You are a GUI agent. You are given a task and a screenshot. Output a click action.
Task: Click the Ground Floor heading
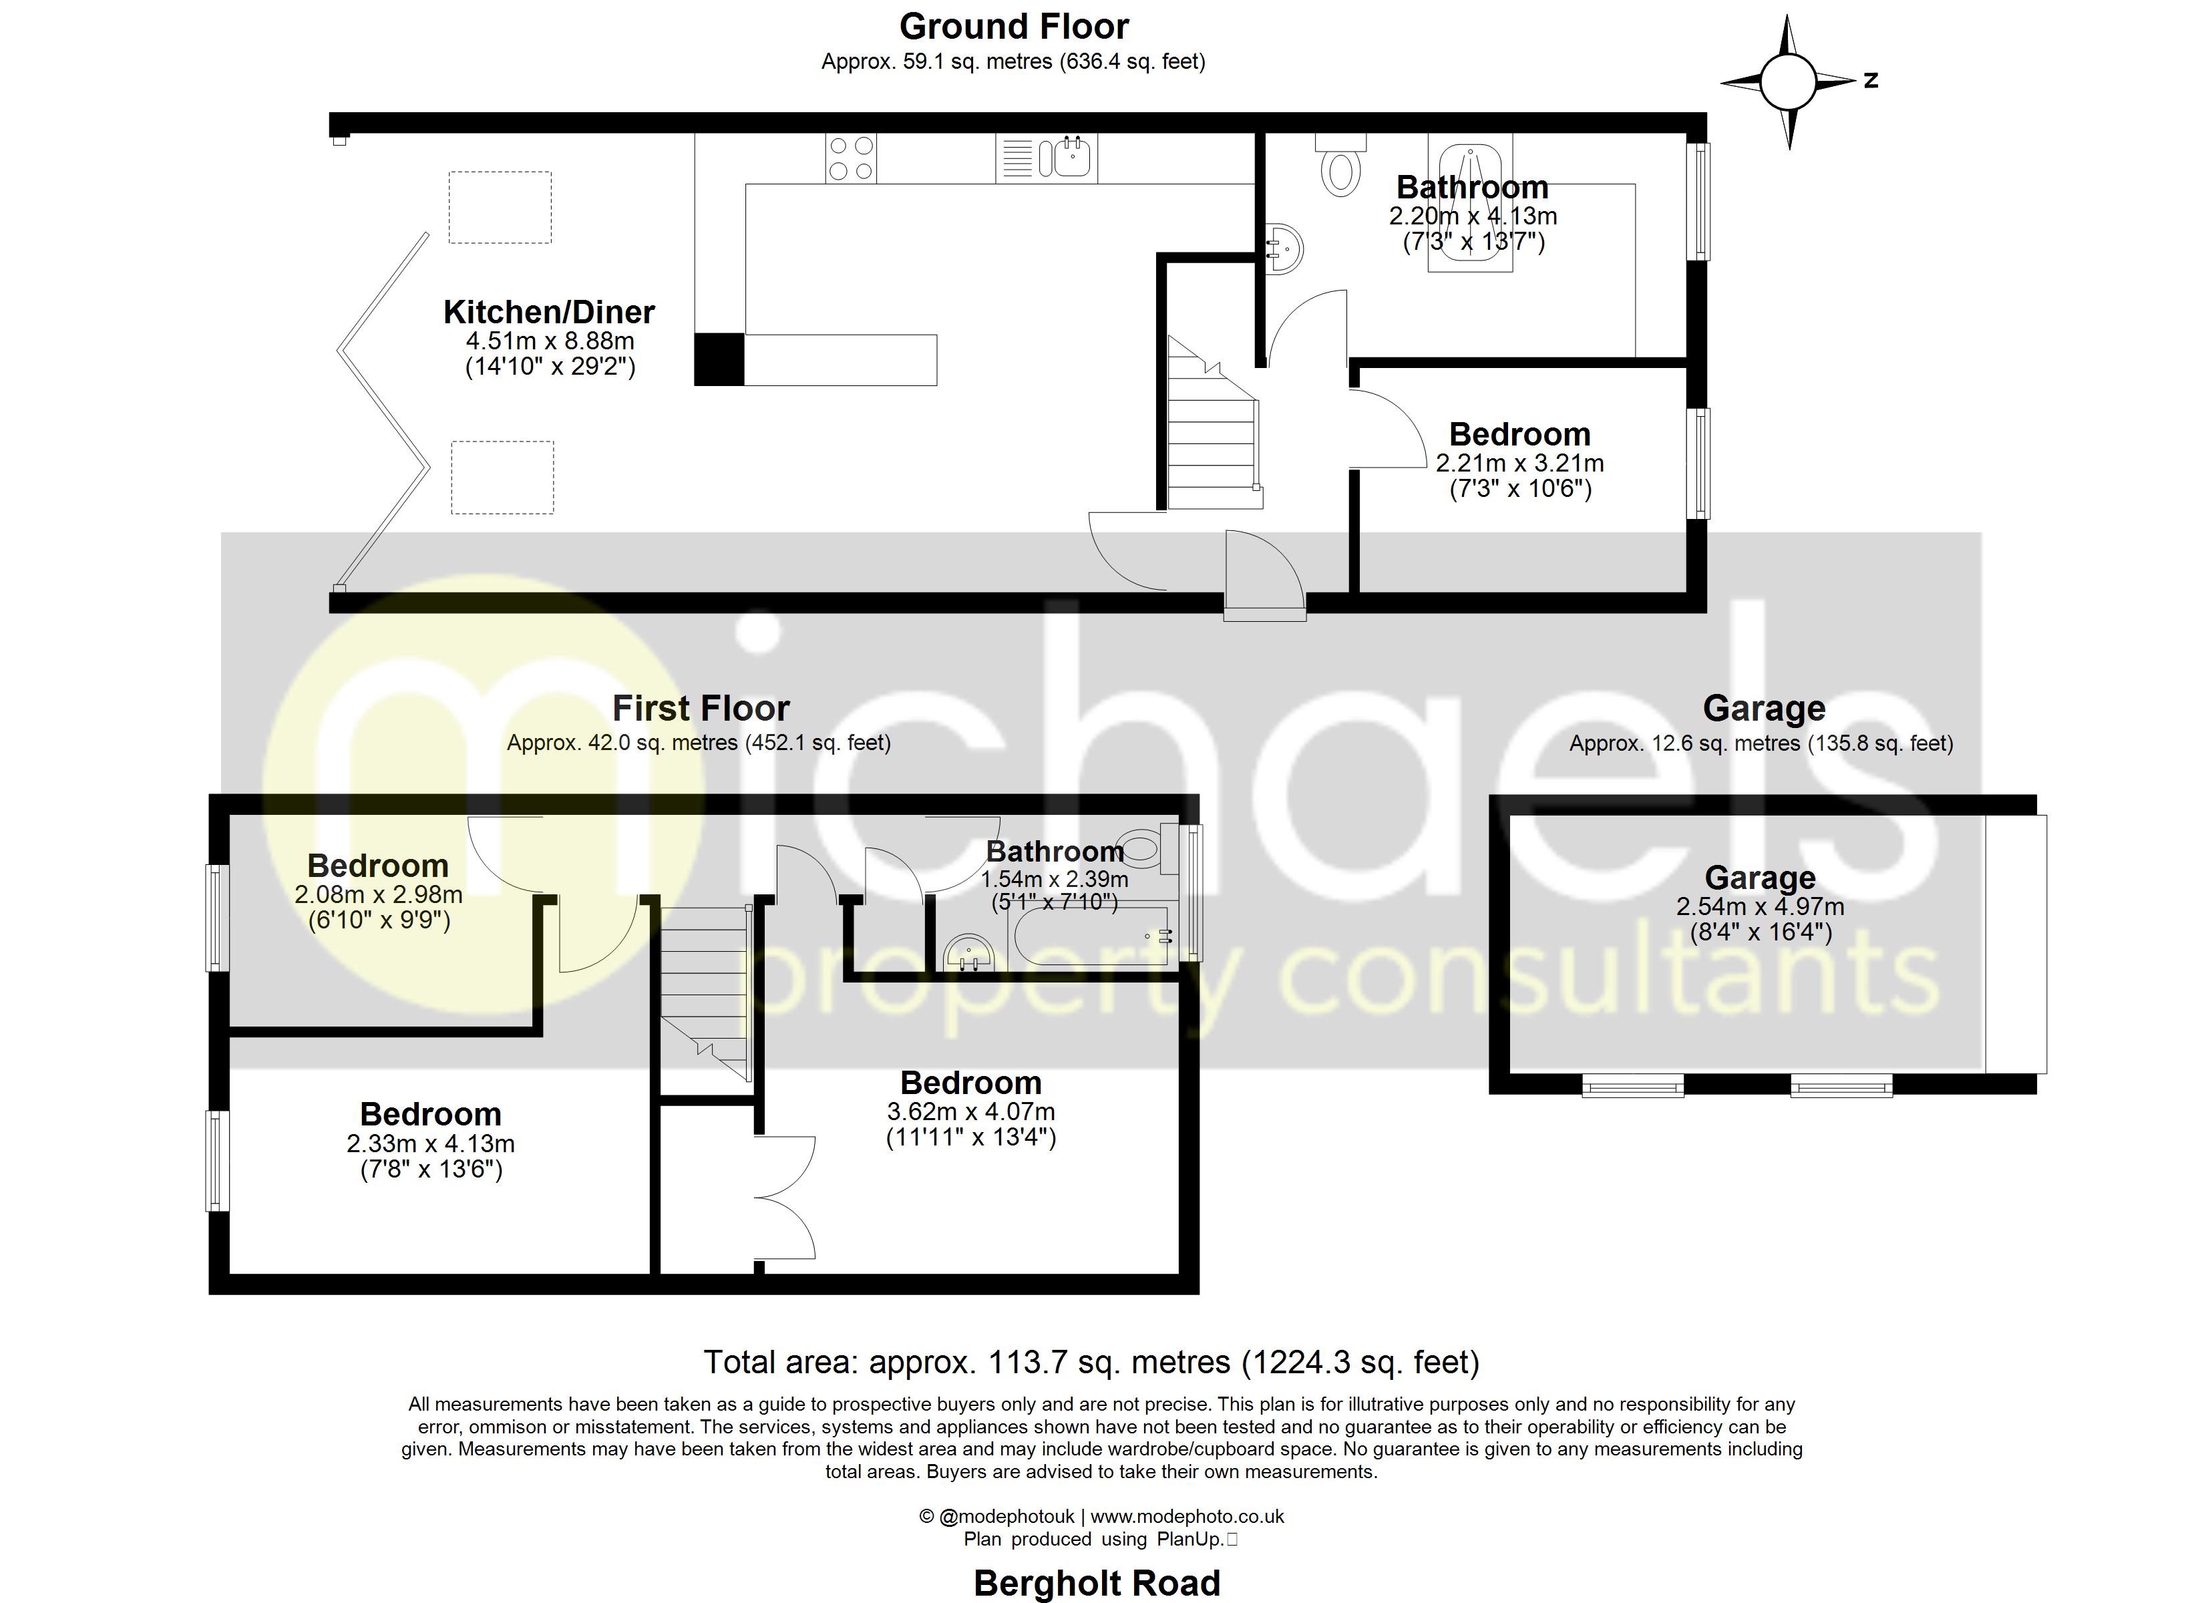pyautogui.click(x=1014, y=26)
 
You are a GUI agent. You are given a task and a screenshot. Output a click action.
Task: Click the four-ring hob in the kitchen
pyautogui.click(x=850, y=158)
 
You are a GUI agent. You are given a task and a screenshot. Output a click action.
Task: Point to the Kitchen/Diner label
pyautogui.click(x=549, y=312)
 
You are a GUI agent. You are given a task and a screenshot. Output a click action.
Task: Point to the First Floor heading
pyautogui.click(x=701, y=709)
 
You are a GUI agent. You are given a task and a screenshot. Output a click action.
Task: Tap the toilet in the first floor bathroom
pyautogui.click(x=1139, y=850)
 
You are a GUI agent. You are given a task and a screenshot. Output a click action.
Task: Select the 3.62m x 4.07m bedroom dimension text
pyautogui.click(x=971, y=1111)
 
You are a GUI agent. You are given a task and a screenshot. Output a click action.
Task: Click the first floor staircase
pyautogui.click(x=705, y=992)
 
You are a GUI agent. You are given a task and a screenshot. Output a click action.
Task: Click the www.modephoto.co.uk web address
pyautogui.click(x=1187, y=1516)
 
